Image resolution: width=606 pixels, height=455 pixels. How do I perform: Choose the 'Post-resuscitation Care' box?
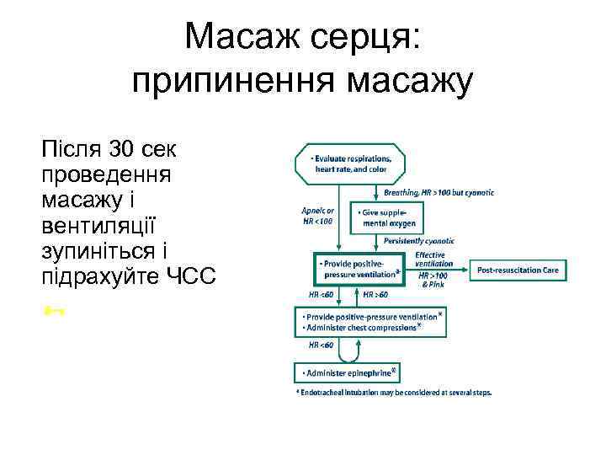tap(518, 270)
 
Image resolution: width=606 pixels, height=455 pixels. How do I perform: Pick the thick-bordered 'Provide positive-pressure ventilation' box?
tap(360, 269)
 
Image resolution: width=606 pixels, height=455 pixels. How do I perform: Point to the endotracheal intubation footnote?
tap(393, 392)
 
